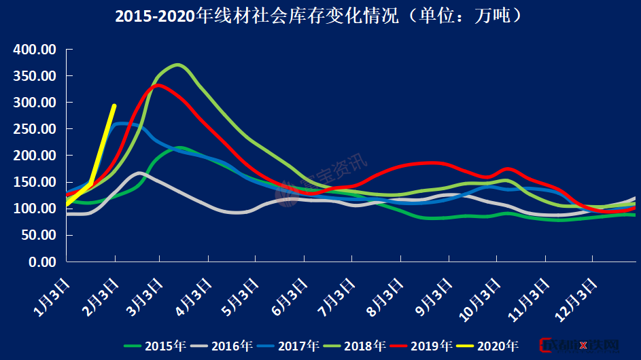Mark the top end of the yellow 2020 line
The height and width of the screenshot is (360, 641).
pyautogui.click(x=114, y=105)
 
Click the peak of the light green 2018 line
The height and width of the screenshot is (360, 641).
pyautogui.click(x=177, y=65)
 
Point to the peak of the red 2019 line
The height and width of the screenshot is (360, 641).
pyautogui.click(x=158, y=85)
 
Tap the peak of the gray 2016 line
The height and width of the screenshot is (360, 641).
pyautogui.click(x=139, y=173)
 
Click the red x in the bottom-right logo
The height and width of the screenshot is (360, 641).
pyautogui.click(x=583, y=346)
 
